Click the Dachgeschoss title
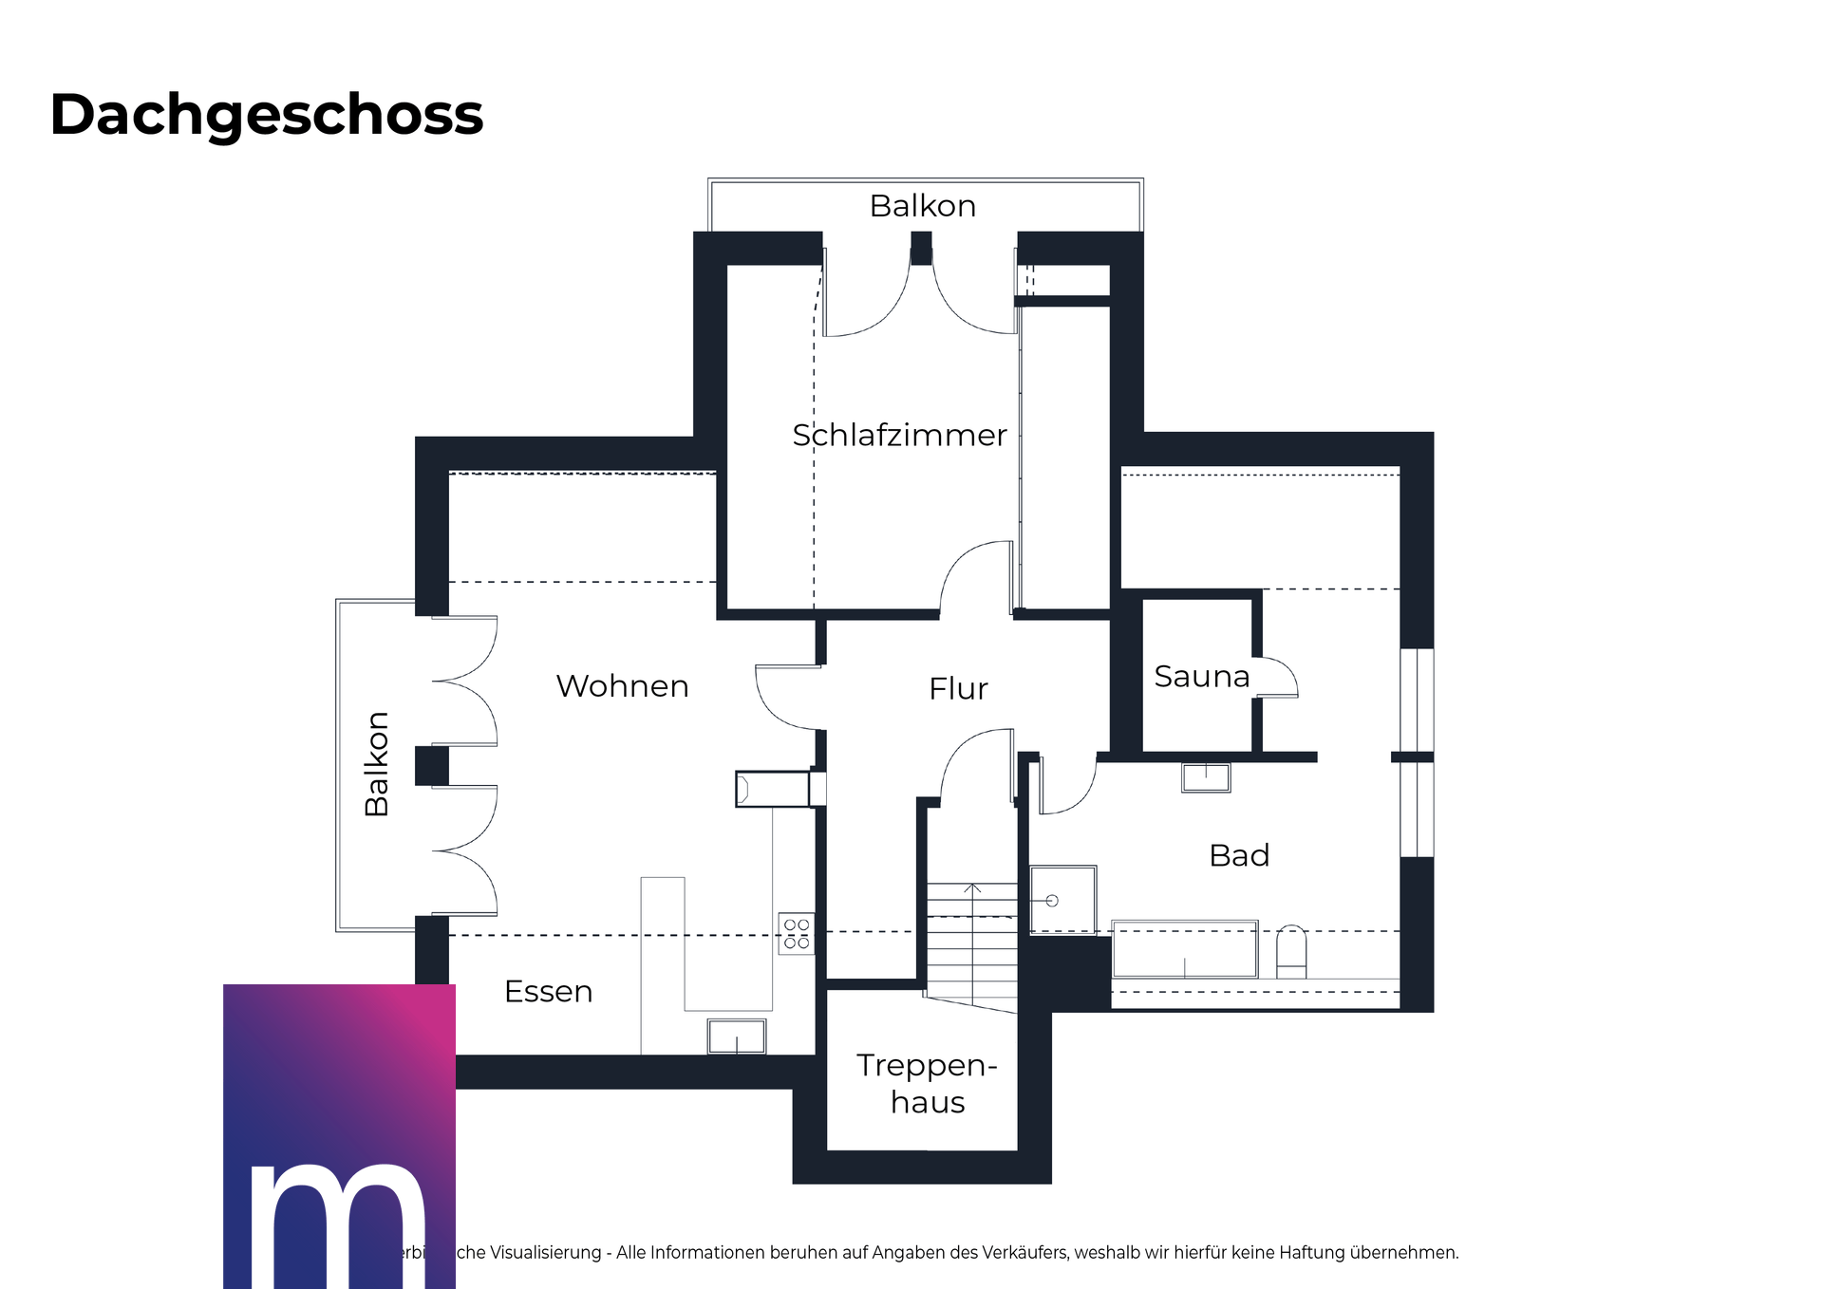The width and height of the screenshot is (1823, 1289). pos(266,115)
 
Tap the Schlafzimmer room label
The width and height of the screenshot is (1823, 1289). pos(898,435)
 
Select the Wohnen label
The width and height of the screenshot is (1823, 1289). pos(622,686)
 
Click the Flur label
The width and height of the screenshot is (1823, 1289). pos(958,689)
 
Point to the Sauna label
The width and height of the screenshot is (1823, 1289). pos(1201,677)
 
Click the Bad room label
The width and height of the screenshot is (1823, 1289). pos(1239,855)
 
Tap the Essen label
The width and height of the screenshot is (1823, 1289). pos(548,992)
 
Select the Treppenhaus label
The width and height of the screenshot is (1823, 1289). pos(927,1084)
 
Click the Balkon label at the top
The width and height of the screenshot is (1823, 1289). pos(923,206)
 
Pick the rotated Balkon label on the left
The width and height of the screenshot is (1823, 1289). pos(377,764)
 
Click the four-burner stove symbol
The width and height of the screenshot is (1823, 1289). pos(797,934)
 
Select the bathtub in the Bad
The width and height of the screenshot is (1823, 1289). pos(1184,949)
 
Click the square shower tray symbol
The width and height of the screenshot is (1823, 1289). pos(1063,899)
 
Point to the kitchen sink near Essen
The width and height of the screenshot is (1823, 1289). pos(737,1037)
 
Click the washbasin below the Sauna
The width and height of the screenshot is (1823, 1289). pos(1206,777)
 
